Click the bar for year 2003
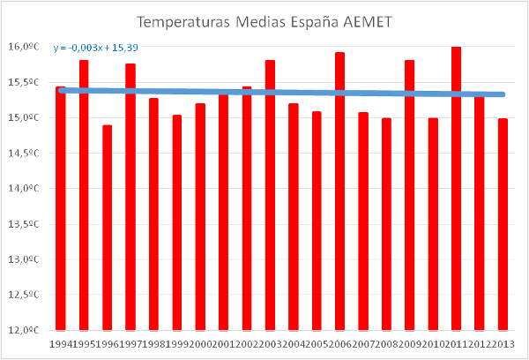[x=270, y=195]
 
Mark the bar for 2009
[x=409, y=195]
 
